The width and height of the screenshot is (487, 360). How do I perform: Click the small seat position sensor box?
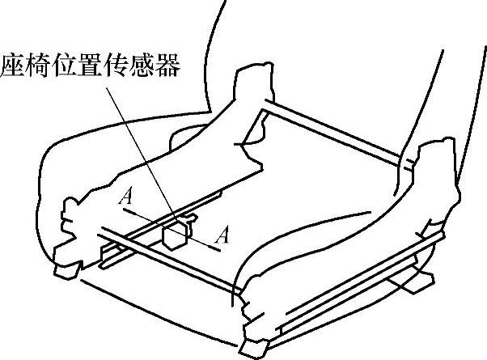pos(175,235)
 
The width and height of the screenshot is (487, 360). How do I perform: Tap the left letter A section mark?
pos(125,197)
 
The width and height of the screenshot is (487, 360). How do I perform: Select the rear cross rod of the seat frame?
pos(332,129)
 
